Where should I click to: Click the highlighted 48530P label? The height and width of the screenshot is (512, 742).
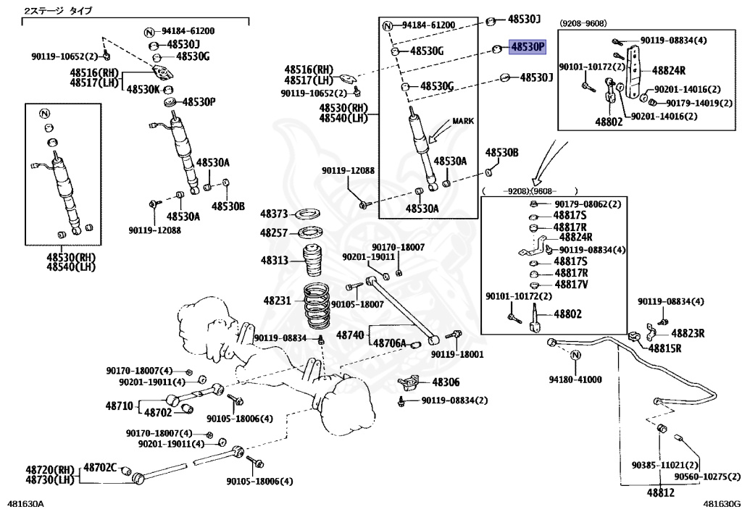528,47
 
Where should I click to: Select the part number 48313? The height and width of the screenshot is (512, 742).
274,260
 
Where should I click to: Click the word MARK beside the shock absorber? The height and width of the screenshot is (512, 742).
463,121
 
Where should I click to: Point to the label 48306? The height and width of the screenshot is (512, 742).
446,382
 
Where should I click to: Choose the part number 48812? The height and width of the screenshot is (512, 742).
660,492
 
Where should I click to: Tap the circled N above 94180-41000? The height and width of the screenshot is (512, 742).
576,356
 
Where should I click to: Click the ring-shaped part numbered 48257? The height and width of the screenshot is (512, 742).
312,232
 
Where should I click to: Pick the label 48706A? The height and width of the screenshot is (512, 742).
389,343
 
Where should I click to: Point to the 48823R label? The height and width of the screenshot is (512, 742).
688,333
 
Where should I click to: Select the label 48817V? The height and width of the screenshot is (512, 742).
571,285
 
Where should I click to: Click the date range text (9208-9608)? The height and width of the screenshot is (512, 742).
583,23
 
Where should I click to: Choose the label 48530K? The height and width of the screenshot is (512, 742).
143,89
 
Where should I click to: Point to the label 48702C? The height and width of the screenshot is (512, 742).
100,468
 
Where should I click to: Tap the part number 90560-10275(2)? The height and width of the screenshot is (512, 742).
707,477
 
